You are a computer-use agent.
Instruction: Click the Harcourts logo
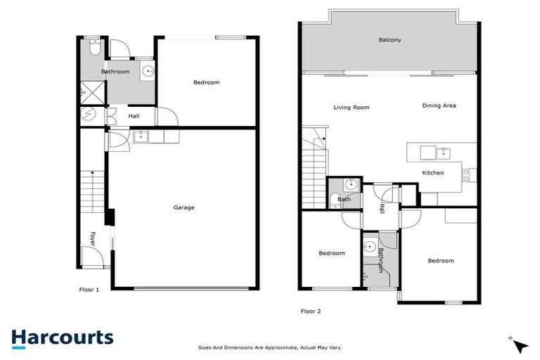coord(62,337)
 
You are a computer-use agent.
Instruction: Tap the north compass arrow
coord(520,345)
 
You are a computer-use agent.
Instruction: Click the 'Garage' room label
coord(184,207)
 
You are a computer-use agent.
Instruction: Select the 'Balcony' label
coord(390,40)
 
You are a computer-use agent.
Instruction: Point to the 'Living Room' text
coord(351,108)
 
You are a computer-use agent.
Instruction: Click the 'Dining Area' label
coord(439,105)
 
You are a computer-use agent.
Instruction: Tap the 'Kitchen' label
coord(432,172)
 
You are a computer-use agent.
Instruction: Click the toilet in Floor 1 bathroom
coord(94,48)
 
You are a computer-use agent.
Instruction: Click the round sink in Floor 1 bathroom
coord(148,70)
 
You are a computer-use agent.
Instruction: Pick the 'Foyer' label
coord(92,239)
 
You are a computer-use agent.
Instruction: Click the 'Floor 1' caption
coord(89,289)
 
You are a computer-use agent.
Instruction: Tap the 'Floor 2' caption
coord(311,311)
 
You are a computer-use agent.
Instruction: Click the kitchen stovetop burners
coord(465,174)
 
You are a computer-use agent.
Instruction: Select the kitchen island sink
coord(444,151)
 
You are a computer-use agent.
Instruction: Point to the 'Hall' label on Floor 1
coord(133,117)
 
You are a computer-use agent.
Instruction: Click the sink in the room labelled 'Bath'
coord(351,186)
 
